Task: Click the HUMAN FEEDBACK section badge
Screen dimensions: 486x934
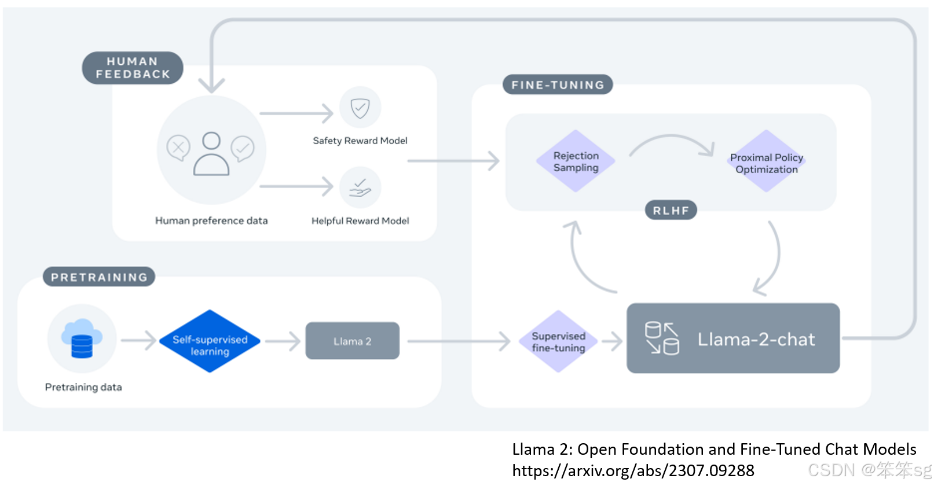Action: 133,68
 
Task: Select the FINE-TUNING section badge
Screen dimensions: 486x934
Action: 558,84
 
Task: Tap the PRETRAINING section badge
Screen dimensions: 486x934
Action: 99,277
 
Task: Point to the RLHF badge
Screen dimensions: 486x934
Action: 671,210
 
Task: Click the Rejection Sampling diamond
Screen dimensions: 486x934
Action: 576,161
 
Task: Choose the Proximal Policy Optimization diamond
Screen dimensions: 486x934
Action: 766,162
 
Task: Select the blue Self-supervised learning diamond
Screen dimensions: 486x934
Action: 210,341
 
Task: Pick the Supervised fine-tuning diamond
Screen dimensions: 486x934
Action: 558,341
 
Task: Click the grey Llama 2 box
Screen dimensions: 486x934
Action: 352,341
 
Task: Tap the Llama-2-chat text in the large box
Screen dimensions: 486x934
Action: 756,339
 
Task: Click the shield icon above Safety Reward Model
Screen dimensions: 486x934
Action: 360,108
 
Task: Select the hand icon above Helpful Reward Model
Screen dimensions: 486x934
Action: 360,187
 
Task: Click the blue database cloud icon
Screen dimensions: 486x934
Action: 82,338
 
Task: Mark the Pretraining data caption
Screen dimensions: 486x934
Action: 83,387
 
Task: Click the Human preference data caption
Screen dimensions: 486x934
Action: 211,220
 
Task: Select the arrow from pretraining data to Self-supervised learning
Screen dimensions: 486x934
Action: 138,340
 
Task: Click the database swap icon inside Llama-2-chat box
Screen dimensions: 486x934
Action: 662,338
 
